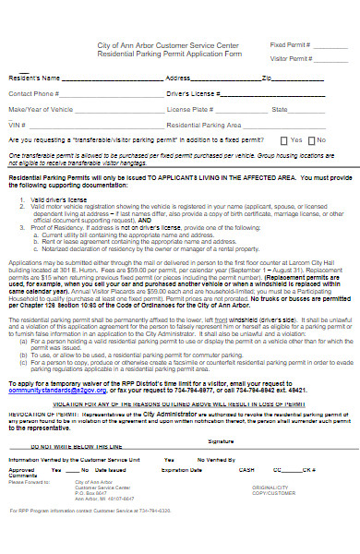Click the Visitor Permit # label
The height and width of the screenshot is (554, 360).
[291, 57]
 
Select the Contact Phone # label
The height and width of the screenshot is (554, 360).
[34, 94]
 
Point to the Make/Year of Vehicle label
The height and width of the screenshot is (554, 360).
[41, 109]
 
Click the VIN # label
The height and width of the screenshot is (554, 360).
[16, 124]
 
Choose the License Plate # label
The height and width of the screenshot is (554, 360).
[188, 109]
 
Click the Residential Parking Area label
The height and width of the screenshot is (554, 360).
[204, 124]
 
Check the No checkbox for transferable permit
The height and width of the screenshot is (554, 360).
[310, 139]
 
